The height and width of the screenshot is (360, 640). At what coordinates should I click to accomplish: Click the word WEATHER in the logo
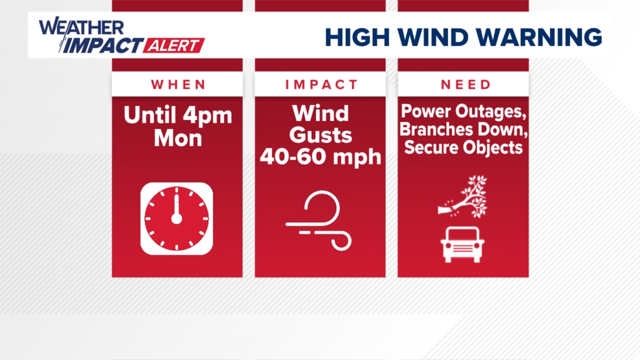coord(82,28)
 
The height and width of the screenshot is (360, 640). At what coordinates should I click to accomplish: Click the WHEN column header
coord(179,85)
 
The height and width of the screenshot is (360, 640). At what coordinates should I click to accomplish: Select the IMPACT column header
coord(321,85)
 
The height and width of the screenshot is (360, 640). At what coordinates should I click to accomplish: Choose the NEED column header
coord(466,85)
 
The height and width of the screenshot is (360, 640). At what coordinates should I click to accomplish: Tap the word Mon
coord(178,138)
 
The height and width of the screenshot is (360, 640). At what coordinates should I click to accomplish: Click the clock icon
coord(176,218)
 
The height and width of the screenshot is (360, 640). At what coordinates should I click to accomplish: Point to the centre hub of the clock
coord(176,218)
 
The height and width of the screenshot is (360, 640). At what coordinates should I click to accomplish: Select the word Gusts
coord(321,135)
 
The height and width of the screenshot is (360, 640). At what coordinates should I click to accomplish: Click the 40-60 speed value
coord(295,157)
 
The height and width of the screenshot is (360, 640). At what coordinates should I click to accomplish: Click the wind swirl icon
coord(319,221)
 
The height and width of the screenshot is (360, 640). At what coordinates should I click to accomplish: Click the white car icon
coord(463,244)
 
